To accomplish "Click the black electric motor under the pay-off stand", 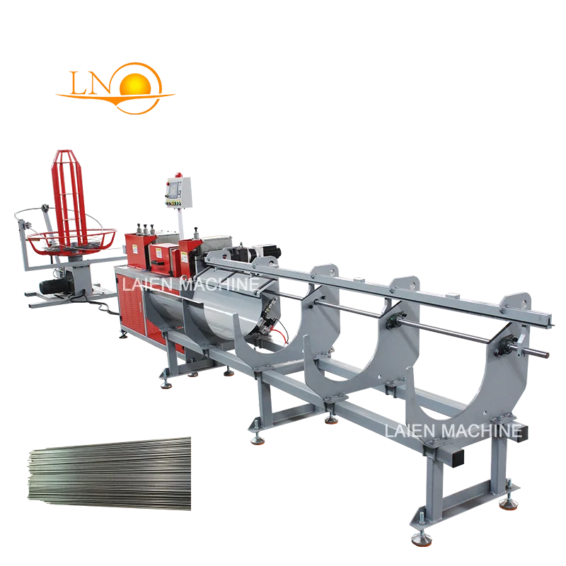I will tap(57, 286).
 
